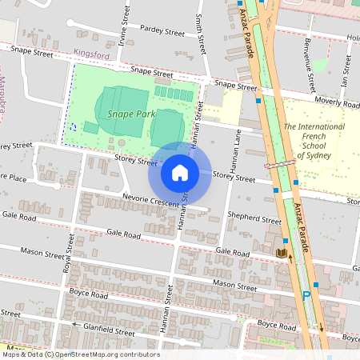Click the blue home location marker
click(180, 172)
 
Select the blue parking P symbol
click(306, 296)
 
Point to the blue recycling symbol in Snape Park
click(73, 126)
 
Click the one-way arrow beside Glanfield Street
click(77, 325)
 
